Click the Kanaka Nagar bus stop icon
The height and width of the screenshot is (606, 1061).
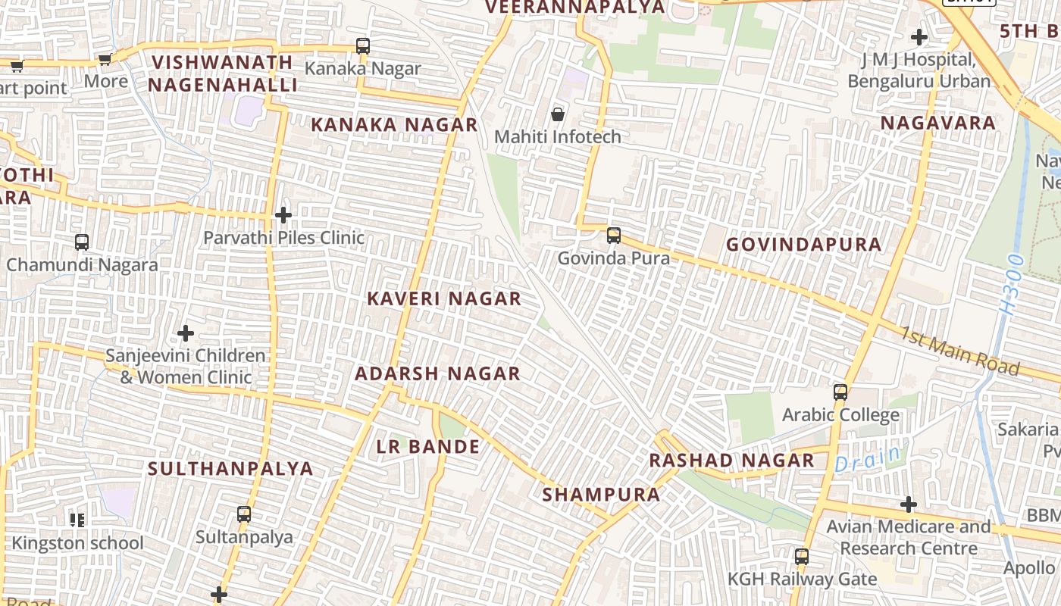[363, 46]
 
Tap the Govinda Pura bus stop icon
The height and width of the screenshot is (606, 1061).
[614, 236]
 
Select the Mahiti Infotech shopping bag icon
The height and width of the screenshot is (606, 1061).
[558, 114]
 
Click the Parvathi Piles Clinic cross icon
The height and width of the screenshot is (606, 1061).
[283, 215]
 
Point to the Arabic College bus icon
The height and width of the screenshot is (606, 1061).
[840, 392]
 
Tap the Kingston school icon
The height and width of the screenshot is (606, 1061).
[77, 520]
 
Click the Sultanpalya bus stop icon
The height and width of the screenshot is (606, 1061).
[244, 514]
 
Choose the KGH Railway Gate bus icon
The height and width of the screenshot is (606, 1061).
[802, 557]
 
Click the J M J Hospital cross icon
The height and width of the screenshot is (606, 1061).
[919, 36]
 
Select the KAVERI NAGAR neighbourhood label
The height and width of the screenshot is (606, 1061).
[444, 298]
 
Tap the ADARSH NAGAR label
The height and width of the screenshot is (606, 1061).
[438, 373]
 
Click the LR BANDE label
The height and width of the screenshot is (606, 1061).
[428, 447]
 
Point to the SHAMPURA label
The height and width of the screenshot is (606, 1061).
[601, 495]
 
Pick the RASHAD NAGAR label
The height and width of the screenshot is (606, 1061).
[731, 461]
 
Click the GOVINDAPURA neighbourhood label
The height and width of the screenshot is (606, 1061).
[804, 245]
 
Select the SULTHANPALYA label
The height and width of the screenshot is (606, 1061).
[230, 468]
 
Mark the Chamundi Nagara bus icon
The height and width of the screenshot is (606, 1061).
[82, 242]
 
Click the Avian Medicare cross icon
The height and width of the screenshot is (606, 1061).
[909, 504]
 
